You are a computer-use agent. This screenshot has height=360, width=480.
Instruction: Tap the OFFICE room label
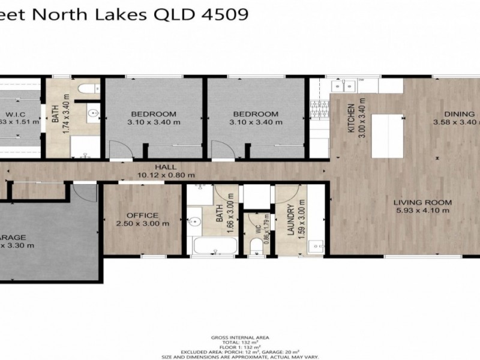142,215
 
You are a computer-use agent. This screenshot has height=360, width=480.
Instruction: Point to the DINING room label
459,114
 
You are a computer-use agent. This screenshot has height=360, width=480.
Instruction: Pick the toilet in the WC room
257,244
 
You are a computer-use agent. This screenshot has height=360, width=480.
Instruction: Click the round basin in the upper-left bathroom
94,112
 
